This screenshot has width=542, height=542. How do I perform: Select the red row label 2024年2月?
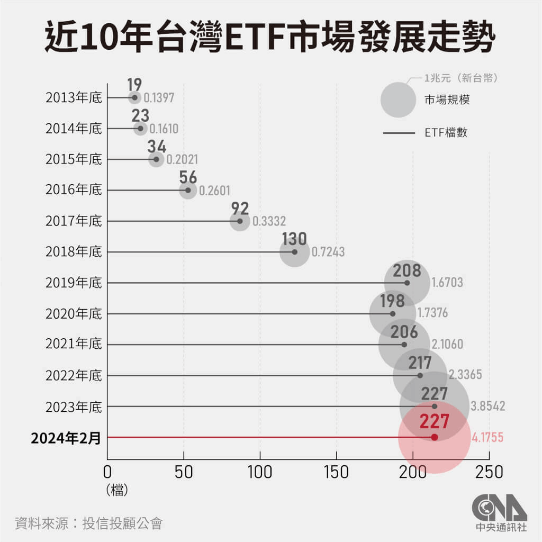[66, 438]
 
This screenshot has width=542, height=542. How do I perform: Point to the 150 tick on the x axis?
[337, 472]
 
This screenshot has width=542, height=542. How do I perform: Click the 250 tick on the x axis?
[489, 472]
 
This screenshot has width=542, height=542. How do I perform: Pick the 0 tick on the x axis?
[107, 472]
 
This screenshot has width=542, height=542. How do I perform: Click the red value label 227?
[435, 422]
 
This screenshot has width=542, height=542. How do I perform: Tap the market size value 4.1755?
[486, 438]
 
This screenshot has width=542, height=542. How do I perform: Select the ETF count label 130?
[294, 239]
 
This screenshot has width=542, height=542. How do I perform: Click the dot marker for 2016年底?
[188, 190]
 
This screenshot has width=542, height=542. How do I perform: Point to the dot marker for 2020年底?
[393, 313]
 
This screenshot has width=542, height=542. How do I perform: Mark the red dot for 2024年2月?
[435, 437]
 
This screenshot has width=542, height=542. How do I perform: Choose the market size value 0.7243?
[328, 252]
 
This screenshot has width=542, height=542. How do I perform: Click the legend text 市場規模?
[447, 100]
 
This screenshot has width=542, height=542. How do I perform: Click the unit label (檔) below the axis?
[117, 490]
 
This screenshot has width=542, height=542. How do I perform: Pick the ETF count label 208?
[406, 270]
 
